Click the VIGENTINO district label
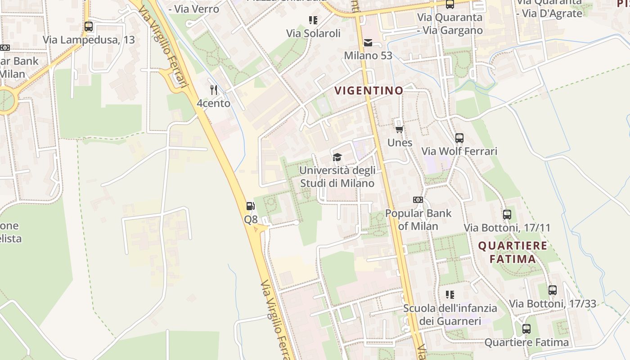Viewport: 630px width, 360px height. pos(369,90)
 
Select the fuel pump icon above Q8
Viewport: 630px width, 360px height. pos(251,207)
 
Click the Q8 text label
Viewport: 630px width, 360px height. pos(251,220)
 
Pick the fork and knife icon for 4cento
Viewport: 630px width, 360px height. pos(214,90)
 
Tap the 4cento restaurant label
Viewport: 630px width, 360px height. pos(213,103)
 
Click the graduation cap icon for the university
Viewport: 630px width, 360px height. pos(337,157)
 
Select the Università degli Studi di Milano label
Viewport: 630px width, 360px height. pos(337,177)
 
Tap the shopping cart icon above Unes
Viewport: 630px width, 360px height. pos(399,130)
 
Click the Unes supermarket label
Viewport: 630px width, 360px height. pos(400,143)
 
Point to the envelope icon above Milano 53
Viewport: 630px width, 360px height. pos(368,43)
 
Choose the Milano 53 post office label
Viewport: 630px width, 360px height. pos(368,56)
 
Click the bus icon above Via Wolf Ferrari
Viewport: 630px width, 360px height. pos(459,138)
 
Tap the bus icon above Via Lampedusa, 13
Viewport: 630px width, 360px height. pos(89,27)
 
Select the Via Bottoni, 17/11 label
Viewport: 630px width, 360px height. pos(507,228)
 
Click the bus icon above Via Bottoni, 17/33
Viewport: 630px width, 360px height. pos(552,290)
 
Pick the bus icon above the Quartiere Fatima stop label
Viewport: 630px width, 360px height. pos(526,329)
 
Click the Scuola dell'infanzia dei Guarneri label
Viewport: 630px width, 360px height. pos(450,315)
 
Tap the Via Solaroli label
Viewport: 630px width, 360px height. pos(313,33)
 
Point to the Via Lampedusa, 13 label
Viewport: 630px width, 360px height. pos(89,40)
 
